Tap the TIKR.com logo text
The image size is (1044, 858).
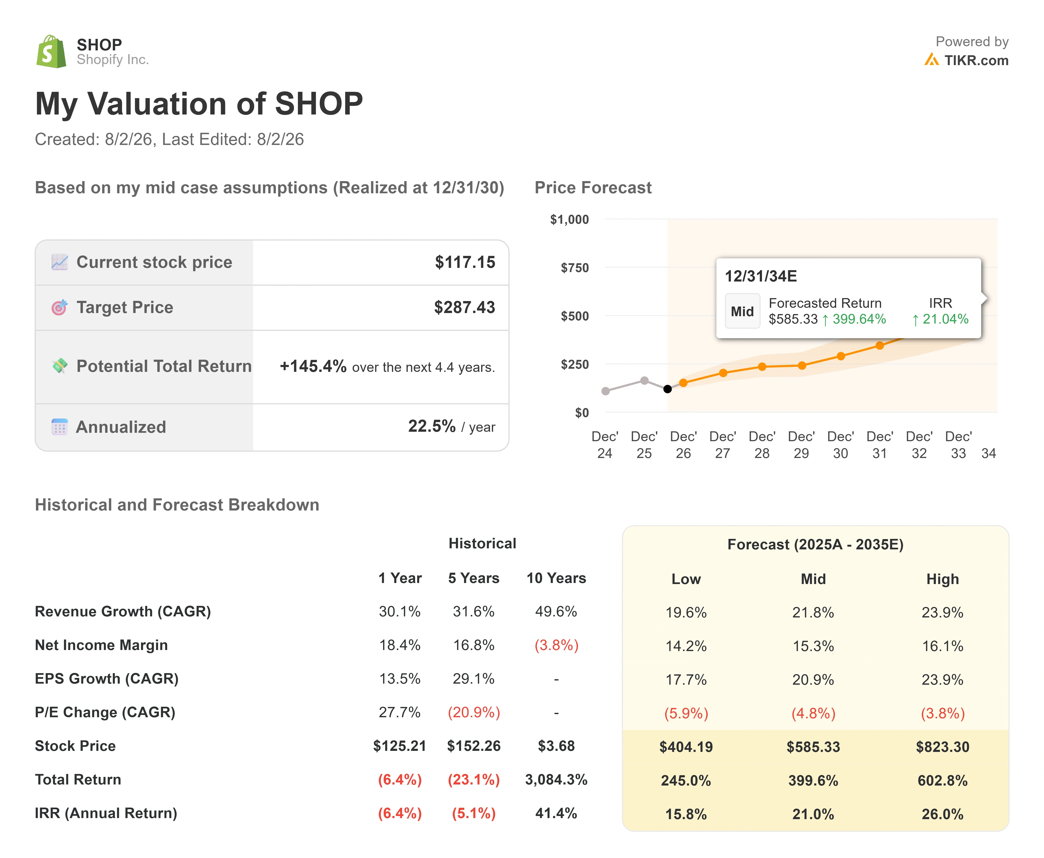click(976, 60)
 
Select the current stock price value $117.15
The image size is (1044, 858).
click(465, 262)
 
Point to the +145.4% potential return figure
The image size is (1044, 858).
click(313, 366)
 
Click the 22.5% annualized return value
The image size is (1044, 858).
click(432, 426)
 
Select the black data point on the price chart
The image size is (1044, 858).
click(667, 389)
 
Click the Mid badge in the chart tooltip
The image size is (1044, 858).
click(742, 311)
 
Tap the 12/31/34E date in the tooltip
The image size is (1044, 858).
click(761, 276)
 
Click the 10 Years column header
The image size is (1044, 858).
click(556, 578)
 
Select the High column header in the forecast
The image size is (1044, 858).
click(942, 579)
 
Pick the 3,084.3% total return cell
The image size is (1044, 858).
click(556, 780)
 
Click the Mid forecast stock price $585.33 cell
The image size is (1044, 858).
click(813, 747)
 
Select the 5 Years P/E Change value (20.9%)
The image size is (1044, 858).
click(473, 712)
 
